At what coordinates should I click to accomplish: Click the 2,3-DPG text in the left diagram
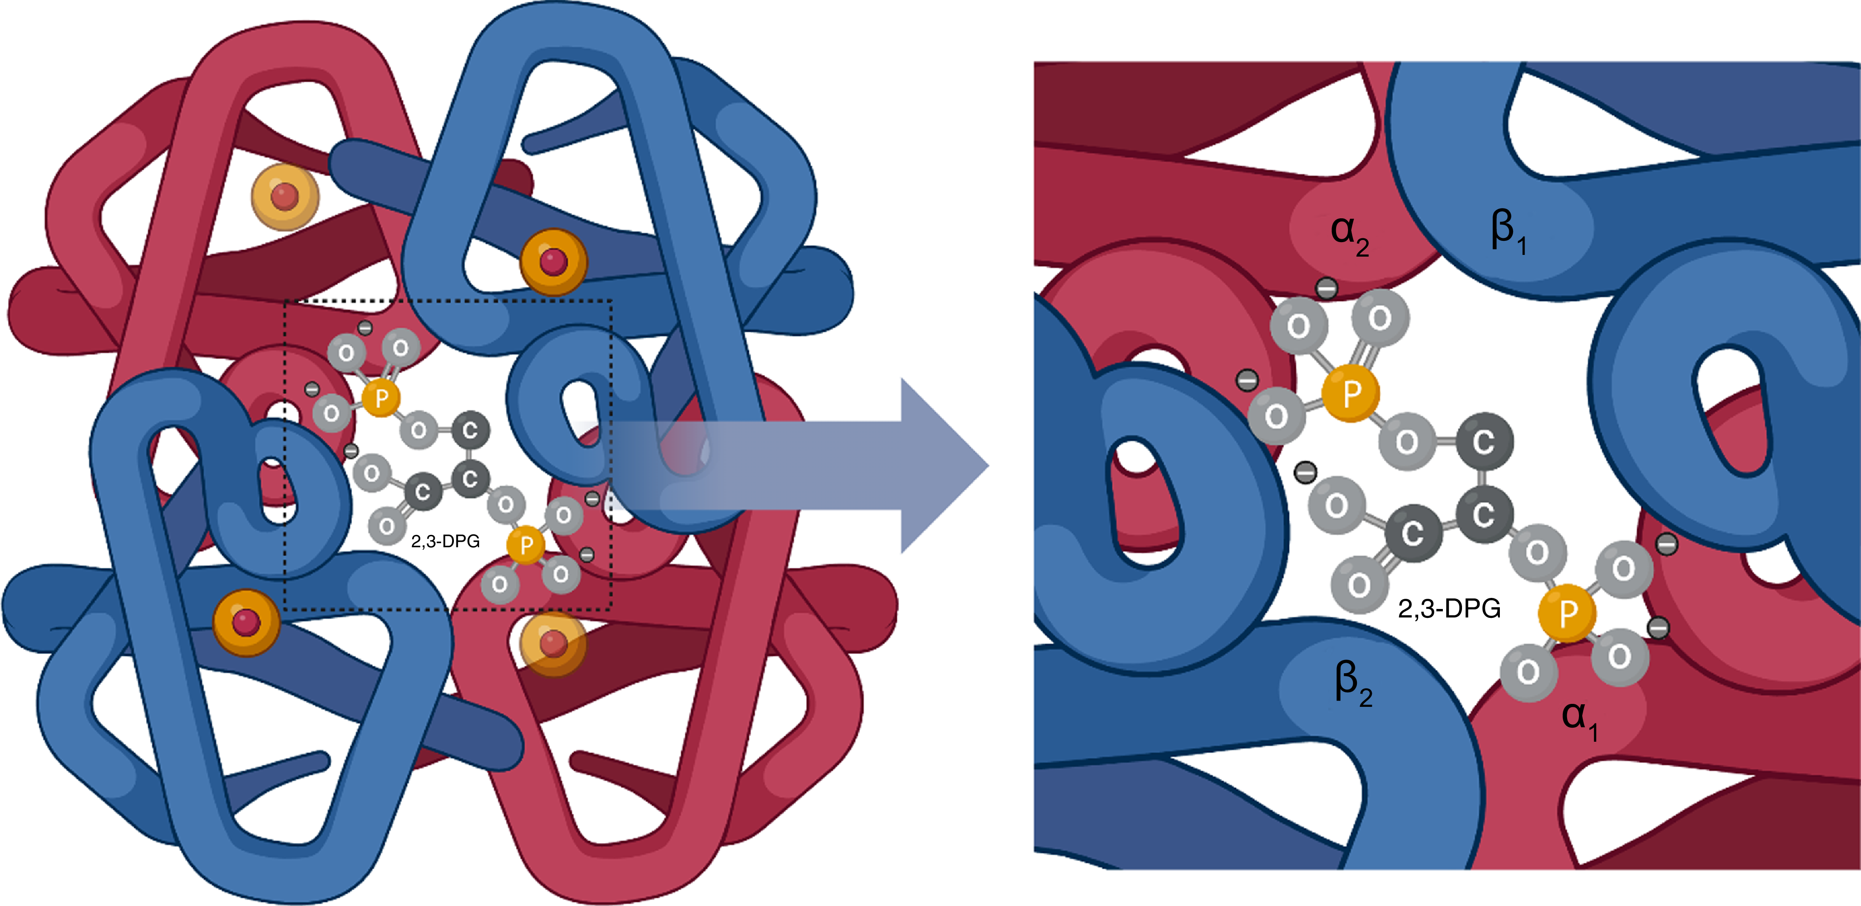pos(445,541)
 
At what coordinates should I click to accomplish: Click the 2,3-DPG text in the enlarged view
pos(1449,609)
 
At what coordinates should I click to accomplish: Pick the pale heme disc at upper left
pos(285,196)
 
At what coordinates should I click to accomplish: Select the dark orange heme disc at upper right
pos(553,262)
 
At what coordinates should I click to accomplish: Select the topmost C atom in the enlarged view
pos(1484,441)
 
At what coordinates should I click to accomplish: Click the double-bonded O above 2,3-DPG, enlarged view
pos(1359,584)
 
